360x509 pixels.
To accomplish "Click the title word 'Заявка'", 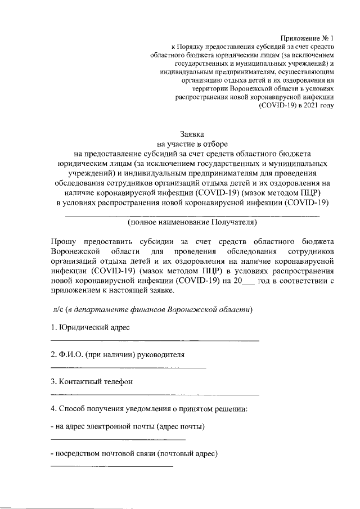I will point(192,134).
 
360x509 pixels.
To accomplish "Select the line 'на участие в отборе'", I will point(192,143).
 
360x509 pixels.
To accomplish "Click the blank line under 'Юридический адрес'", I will point(155,341).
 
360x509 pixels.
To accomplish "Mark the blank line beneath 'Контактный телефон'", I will point(155,394).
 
